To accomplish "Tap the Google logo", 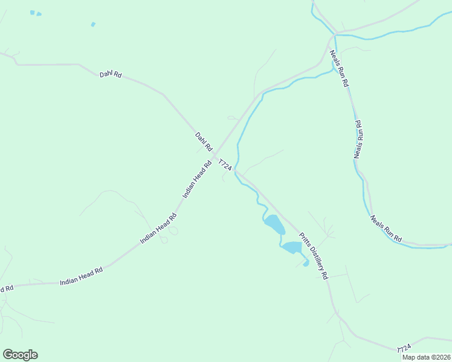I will [20, 355].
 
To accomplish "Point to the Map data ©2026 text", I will [427, 357].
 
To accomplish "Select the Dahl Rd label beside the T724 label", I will [204, 142].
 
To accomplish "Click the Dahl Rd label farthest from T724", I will [111, 75].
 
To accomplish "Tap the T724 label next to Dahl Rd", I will [225, 167].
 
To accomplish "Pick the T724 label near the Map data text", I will [404, 349].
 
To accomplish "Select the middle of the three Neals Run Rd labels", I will [358, 139].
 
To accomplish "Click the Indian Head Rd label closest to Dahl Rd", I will [198, 179].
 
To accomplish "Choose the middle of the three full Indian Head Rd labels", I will [158, 228].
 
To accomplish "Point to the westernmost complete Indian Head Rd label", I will [81, 277].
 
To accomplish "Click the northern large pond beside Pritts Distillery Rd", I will [274, 224].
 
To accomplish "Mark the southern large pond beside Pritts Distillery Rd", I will [292, 247].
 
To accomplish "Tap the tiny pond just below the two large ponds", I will [306, 263].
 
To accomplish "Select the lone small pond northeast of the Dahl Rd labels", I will [93, 24].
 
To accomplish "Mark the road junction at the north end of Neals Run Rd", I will [332, 35].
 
